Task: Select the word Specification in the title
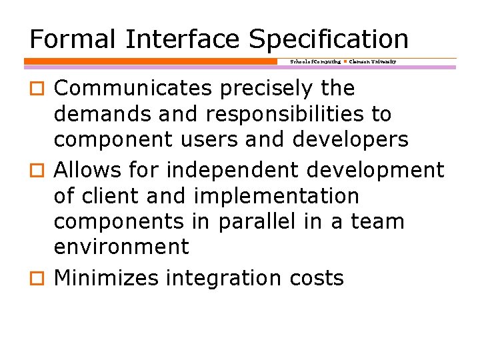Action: (329, 40)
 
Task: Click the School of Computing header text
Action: (315, 61)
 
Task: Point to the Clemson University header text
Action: (373, 61)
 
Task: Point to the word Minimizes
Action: (107, 278)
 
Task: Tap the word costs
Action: (317, 278)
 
